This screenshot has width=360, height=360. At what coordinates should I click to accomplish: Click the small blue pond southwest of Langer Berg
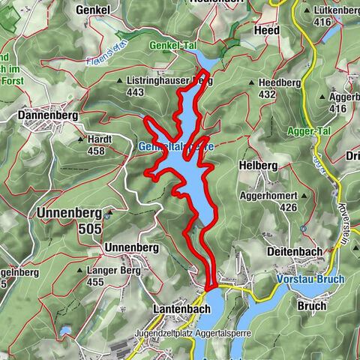[x=65, y=330]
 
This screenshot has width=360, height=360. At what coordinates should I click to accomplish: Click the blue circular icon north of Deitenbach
[x=302, y=226]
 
